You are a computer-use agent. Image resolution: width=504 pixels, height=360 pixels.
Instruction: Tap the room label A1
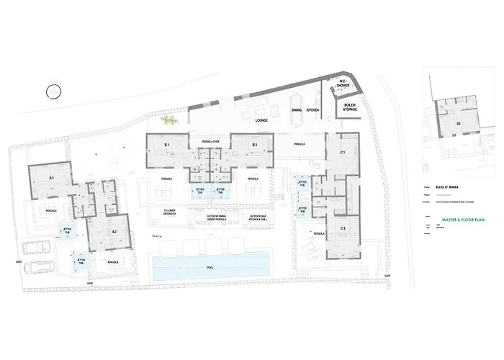click(x=52, y=176)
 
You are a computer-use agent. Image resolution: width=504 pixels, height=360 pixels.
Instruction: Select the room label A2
click(x=114, y=231)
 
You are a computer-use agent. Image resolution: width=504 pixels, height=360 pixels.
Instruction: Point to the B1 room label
click(x=166, y=145)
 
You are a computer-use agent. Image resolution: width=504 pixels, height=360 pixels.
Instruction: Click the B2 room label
click(x=254, y=145)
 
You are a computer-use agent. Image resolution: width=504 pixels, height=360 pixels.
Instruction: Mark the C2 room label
click(x=343, y=229)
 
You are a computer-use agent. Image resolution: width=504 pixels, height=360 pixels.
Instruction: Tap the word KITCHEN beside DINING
click(x=313, y=109)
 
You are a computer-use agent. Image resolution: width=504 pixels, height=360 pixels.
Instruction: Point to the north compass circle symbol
click(x=53, y=90)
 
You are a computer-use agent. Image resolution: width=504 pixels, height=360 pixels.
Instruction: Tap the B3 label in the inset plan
click(x=457, y=124)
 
